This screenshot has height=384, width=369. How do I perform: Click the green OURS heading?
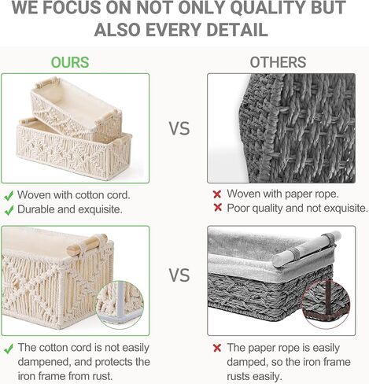[70, 62]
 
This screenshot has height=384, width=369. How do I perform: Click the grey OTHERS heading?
[278, 62]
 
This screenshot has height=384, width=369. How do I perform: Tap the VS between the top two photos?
[179, 128]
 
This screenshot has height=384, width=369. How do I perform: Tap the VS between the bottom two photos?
[179, 275]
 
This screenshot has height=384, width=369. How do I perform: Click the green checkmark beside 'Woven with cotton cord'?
[9, 196]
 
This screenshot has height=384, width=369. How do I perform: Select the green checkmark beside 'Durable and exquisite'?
[9, 210]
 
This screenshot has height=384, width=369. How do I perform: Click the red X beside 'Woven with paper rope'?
[217, 194]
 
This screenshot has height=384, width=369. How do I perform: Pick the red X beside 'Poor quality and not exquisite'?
[218, 208]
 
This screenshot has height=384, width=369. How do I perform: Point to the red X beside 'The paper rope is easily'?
[217, 348]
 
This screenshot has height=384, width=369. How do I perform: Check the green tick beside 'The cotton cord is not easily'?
[9, 349]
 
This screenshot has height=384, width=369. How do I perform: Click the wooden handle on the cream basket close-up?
[87, 245]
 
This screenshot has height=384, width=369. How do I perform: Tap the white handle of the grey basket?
[306, 249]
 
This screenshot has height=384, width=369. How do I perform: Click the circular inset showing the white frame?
[120, 305]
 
